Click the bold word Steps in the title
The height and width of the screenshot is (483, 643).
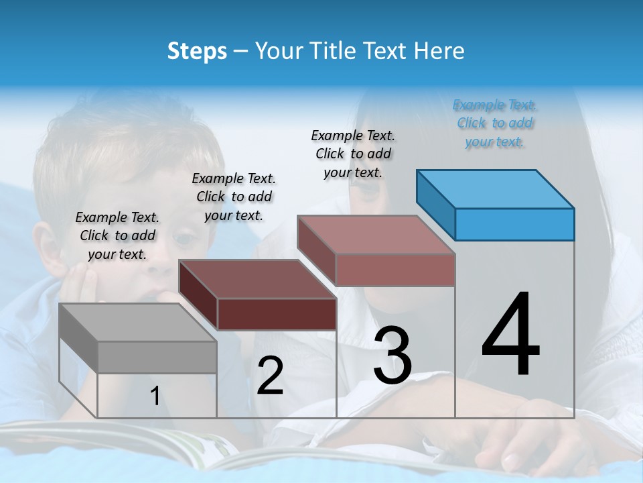(197, 51)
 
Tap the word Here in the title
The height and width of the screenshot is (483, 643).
(439, 51)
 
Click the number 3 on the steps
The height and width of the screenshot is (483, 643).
(392, 356)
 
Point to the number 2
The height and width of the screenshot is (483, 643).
(270, 376)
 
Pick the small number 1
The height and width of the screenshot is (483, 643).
(155, 396)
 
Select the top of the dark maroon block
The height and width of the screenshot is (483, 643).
(257, 278)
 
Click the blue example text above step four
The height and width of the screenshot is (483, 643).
(495, 123)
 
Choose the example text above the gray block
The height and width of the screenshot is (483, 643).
(117, 235)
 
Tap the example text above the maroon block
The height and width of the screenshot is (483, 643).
(234, 197)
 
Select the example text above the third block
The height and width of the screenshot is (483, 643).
(353, 154)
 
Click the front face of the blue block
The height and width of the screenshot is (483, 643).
(514, 224)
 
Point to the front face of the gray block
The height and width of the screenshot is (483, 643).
(157, 357)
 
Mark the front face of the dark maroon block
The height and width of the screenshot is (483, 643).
(277, 314)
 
